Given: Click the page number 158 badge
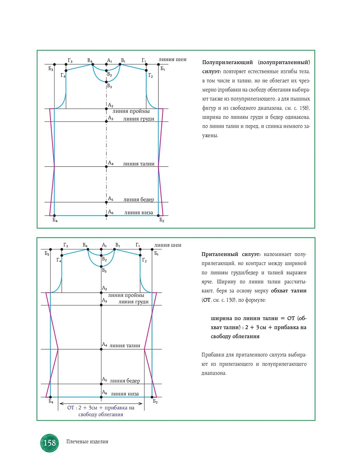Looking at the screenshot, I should pos(49,443).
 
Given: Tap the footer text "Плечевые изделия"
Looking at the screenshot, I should pos(87,441).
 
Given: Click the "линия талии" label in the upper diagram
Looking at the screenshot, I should pos(139,164).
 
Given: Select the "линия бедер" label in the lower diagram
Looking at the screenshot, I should pos(125,380).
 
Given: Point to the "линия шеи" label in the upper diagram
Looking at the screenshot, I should pos(173,60).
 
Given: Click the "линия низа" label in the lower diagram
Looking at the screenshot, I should pos(125,394).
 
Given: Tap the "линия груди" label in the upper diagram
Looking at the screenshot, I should pos(139,119).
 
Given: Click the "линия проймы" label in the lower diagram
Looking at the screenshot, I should pos(126,295).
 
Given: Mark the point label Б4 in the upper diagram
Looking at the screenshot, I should pos(55,220).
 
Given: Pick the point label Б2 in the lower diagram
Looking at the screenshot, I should pos(155,401).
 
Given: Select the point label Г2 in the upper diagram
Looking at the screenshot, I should pos(151,75).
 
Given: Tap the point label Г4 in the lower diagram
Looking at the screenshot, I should pos(59,260).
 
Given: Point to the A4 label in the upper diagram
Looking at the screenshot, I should pos(111,163).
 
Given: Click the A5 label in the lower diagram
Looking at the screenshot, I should pos(104,379).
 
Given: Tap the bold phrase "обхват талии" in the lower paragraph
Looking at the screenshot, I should pos(289,291).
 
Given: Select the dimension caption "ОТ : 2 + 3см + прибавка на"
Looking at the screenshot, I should pos(101,408).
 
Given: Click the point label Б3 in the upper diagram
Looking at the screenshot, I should pos(51,69).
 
